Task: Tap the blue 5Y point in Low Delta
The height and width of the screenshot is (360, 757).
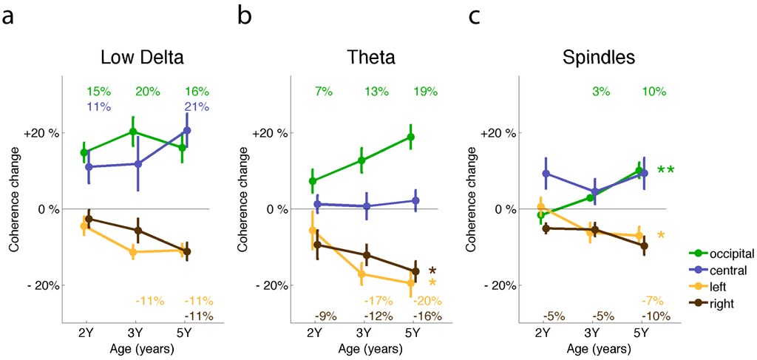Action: click(x=187, y=130)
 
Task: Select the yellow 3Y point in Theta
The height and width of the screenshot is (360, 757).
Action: click(x=361, y=274)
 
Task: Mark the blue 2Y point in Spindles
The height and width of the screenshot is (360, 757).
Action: click(x=546, y=174)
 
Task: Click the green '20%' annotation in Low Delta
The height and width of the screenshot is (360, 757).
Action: click(x=148, y=92)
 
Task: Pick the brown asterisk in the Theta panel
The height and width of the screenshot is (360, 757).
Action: click(x=432, y=271)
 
